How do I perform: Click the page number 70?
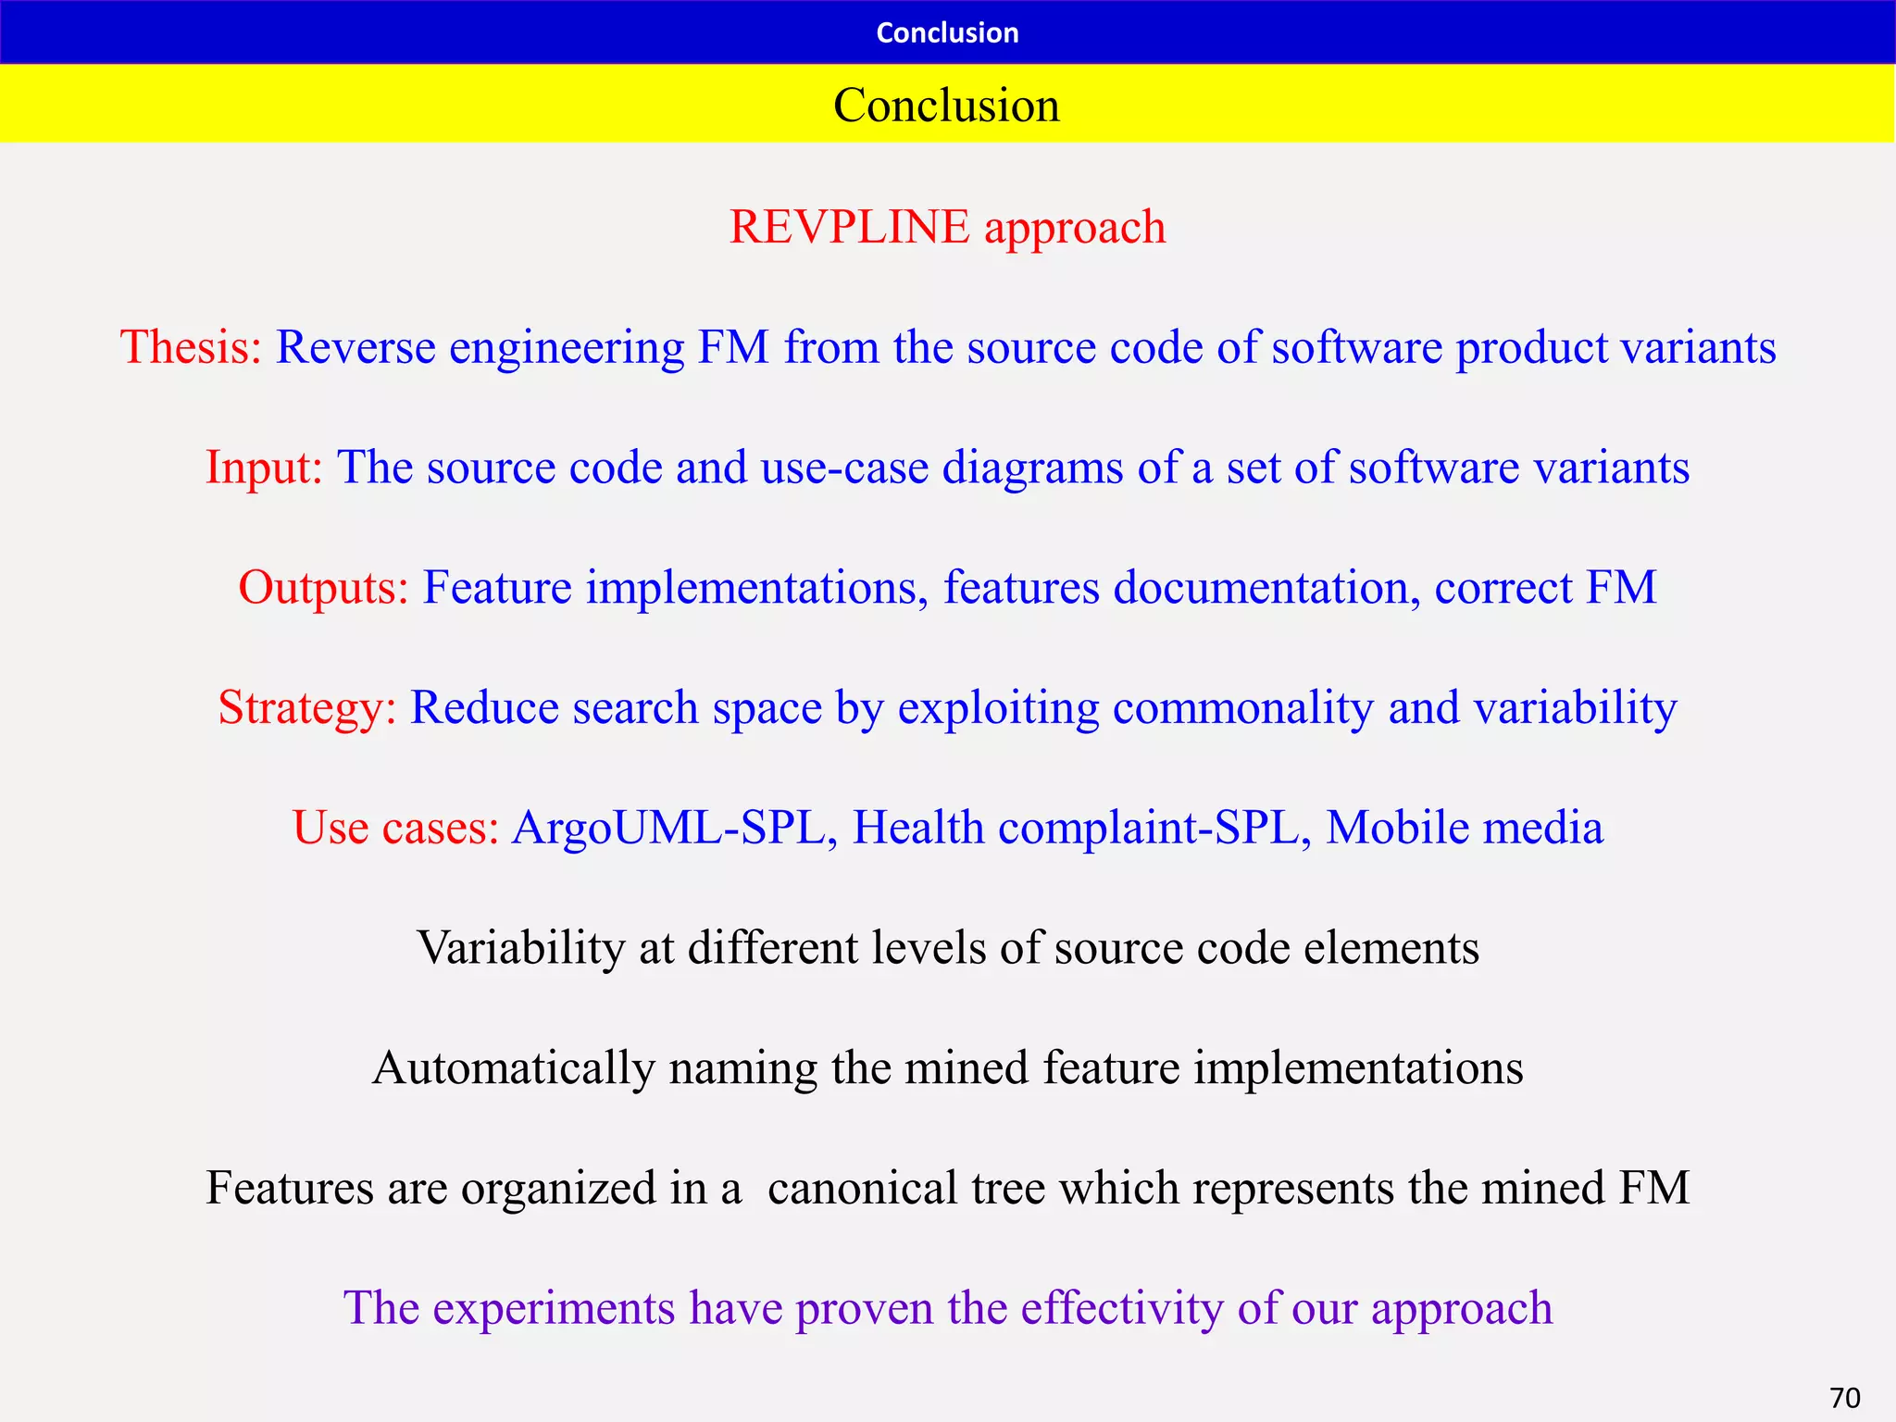pyautogui.click(x=1845, y=1397)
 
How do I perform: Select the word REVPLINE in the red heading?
pyautogui.click(x=849, y=227)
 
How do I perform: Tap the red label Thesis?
pyautogui.click(x=192, y=347)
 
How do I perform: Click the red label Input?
pyautogui.click(x=264, y=467)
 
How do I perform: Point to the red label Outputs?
pyautogui.click(x=323, y=587)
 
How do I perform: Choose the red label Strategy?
pyautogui.click(x=307, y=707)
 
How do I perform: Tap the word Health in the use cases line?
pyautogui.click(x=917, y=827)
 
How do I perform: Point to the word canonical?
pyautogui.click(x=862, y=1188)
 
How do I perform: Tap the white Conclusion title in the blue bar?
pyautogui.click(x=947, y=32)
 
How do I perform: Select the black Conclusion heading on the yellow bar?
pyautogui.click(x=946, y=105)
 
